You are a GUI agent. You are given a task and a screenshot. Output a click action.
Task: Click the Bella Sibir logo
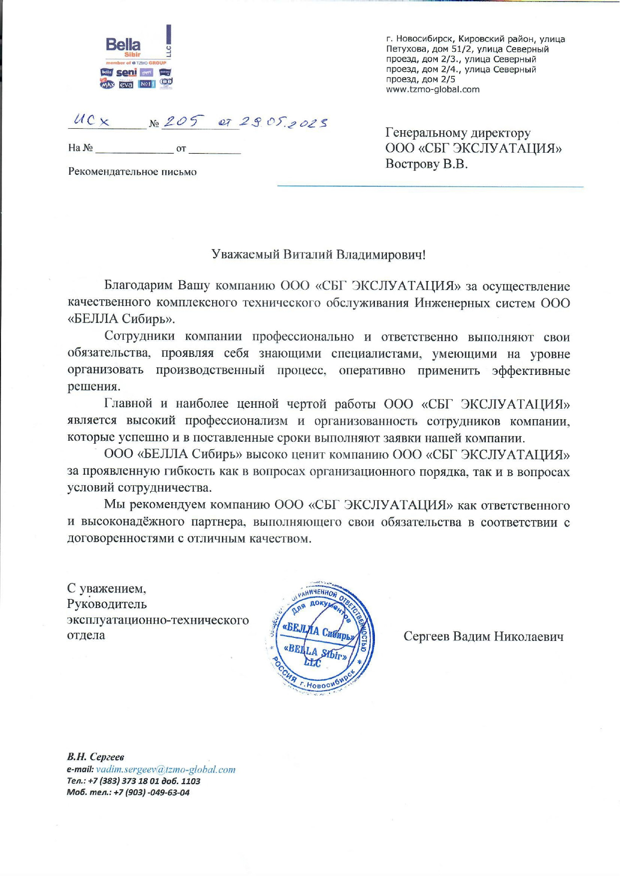123,47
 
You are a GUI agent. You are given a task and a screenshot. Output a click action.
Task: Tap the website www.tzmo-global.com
432,90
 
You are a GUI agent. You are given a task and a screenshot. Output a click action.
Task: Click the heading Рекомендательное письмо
132,172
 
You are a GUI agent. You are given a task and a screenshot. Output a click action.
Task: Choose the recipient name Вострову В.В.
426,164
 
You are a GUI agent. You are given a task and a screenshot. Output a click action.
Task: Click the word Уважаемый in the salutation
245,255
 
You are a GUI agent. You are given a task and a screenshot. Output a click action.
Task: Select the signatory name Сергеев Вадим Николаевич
483,636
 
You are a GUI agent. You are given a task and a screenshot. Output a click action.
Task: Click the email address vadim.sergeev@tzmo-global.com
165,770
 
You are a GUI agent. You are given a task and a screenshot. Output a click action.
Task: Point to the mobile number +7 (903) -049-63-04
152,793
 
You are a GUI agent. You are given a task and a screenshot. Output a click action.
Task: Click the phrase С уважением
106,589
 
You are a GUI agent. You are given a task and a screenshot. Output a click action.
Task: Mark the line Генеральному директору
458,133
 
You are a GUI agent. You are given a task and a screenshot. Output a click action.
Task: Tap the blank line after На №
134,149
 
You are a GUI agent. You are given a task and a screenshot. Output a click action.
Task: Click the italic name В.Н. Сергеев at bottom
96,757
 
